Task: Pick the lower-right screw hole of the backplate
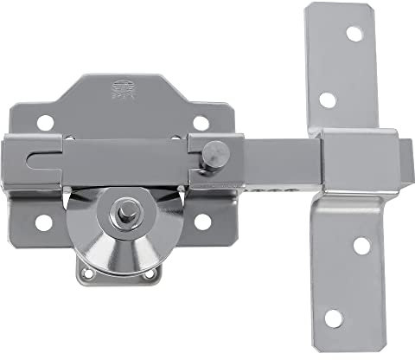(203, 222)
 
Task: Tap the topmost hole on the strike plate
(353, 34)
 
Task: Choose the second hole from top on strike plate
(328, 99)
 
